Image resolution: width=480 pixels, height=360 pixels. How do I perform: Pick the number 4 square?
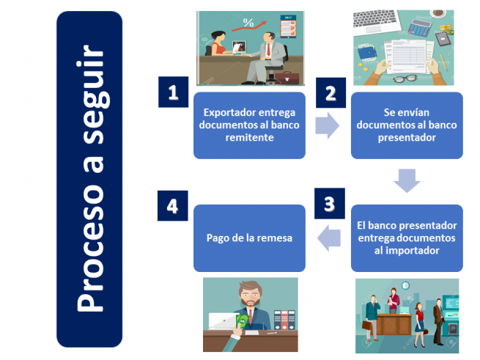173,205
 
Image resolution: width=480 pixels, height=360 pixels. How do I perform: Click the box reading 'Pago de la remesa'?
249,238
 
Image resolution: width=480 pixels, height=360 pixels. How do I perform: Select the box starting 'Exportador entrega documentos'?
249,125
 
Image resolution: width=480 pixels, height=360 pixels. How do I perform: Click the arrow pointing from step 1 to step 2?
327,125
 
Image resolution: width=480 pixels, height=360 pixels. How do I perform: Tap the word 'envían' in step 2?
421,113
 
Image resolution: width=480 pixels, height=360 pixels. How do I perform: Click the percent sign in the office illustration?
248,23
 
